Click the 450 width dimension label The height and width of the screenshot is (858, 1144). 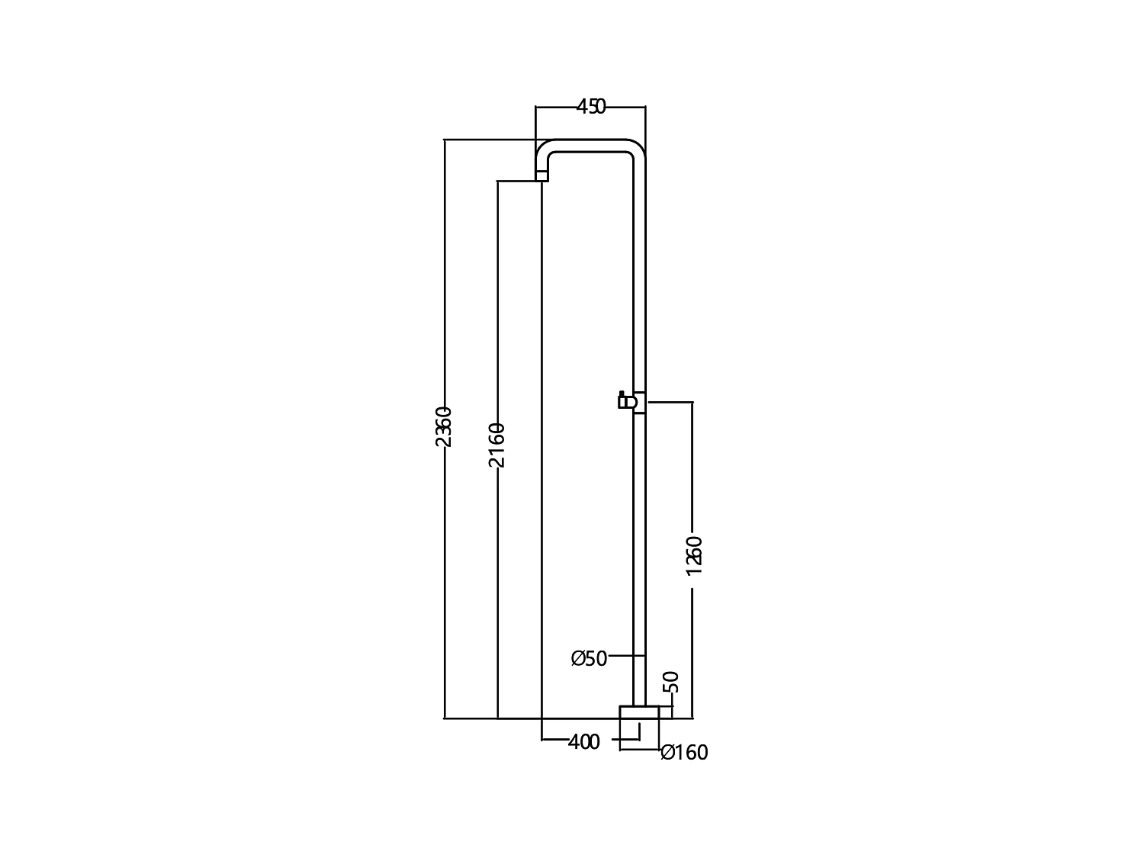(590, 107)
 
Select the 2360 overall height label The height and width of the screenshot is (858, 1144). (444, 427)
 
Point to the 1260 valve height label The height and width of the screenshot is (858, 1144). (693, 555)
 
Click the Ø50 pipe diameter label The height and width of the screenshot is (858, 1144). (590, 658)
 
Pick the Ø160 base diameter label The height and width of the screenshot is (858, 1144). (684, 753)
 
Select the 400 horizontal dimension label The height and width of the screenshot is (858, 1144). (584, 741)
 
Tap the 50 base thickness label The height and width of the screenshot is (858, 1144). (671, 682)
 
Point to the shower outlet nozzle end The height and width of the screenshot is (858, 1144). (541, 177)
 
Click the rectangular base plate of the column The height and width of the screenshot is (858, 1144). (638, 712)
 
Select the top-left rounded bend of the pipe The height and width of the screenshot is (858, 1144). (545, 149)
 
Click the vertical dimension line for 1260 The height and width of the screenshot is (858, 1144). (693, 473)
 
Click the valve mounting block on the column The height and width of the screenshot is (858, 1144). (640, 403)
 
